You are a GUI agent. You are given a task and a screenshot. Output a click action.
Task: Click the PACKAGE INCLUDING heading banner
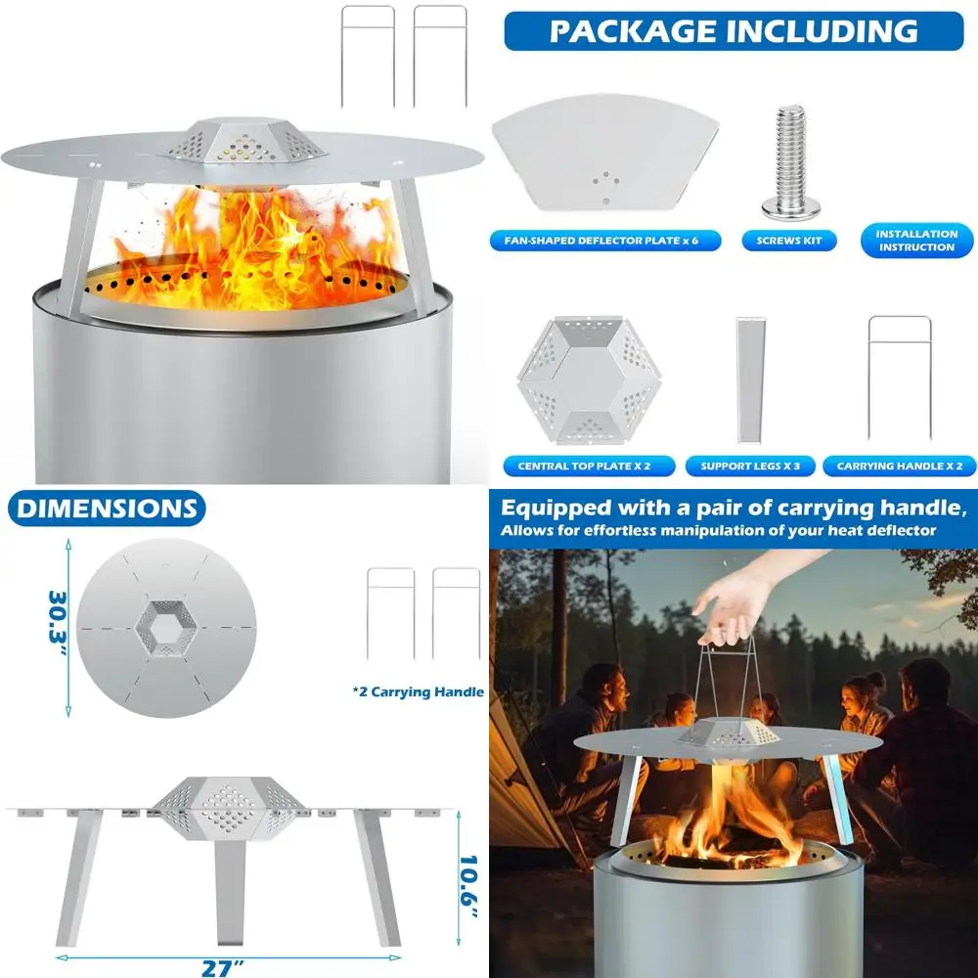point(733,30)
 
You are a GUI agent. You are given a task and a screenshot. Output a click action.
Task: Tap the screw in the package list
point(790,161)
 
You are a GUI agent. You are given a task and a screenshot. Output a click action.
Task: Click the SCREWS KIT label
point(789,241)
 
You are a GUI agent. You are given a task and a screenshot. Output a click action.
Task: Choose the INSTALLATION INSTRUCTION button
point(916,241)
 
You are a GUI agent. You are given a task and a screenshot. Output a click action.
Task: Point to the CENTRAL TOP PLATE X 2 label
point(582,466)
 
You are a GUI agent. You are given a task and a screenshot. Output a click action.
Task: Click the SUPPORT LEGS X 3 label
point(750,466)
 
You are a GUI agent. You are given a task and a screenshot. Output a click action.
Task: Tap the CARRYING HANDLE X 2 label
point(899,466)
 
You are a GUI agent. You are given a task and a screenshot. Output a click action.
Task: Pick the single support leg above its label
point(750,379)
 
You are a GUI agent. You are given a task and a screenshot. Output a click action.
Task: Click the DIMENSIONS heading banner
point(106,509)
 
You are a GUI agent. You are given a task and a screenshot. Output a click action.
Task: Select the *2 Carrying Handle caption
point(418,691)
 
